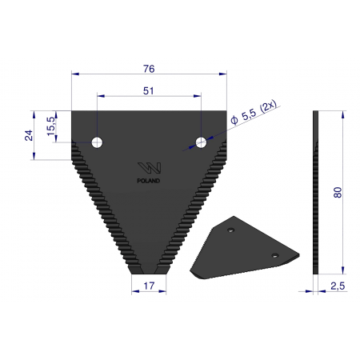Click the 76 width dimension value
click(149, 69)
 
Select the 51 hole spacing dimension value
click(148, 91)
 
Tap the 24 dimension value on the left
click(29, 135)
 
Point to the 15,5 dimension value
click(51, 126)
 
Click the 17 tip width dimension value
click(149, 286)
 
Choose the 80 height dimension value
click(338, 192)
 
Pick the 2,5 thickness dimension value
click(338, 286)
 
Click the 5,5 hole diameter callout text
click(249, 115)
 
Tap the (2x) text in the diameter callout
click(268, 106)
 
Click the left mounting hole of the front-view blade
click(97, 142)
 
